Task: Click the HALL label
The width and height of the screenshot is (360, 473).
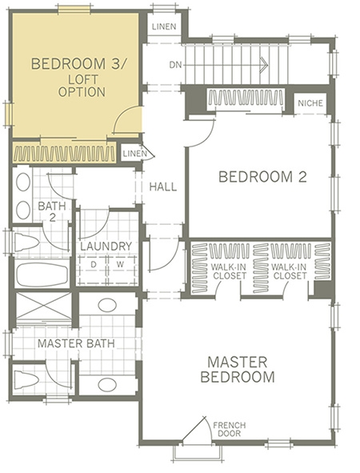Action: [163, 186]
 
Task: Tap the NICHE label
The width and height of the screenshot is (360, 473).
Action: [310, 103]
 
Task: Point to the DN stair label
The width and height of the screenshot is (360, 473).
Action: [175, 65]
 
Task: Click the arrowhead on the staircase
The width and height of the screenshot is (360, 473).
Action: [264, 65]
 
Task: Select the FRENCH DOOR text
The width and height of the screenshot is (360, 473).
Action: [229, 429]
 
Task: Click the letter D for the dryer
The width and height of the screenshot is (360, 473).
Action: [94, 265]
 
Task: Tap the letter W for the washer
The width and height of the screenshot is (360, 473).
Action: [120, 265]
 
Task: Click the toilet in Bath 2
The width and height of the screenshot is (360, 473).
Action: [26, 241]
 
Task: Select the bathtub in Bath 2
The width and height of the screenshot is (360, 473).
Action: [42, 273]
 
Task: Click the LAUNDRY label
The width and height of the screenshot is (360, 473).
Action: [106, 247]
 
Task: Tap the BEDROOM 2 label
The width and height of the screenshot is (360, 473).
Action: [262, 176]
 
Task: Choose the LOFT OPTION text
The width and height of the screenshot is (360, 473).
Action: [82, 86]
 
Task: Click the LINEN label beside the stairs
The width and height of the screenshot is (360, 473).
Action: [164, 26]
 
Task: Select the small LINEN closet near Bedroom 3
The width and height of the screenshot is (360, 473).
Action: [134, 154]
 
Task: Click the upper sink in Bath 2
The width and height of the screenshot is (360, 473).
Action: [23, 182]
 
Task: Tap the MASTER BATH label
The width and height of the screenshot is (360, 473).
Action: [76, 343]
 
